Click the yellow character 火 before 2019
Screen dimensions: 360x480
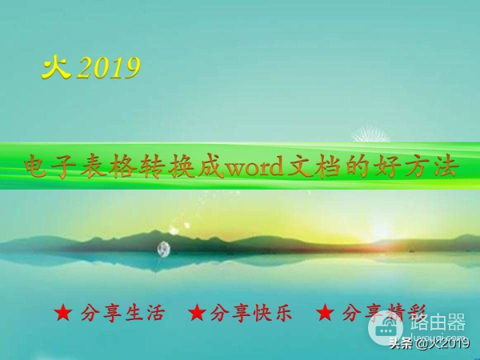point(56,68)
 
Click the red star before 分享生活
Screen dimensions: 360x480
point(63,314)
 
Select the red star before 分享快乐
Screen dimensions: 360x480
point(197,314)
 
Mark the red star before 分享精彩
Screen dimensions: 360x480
point(324,314)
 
